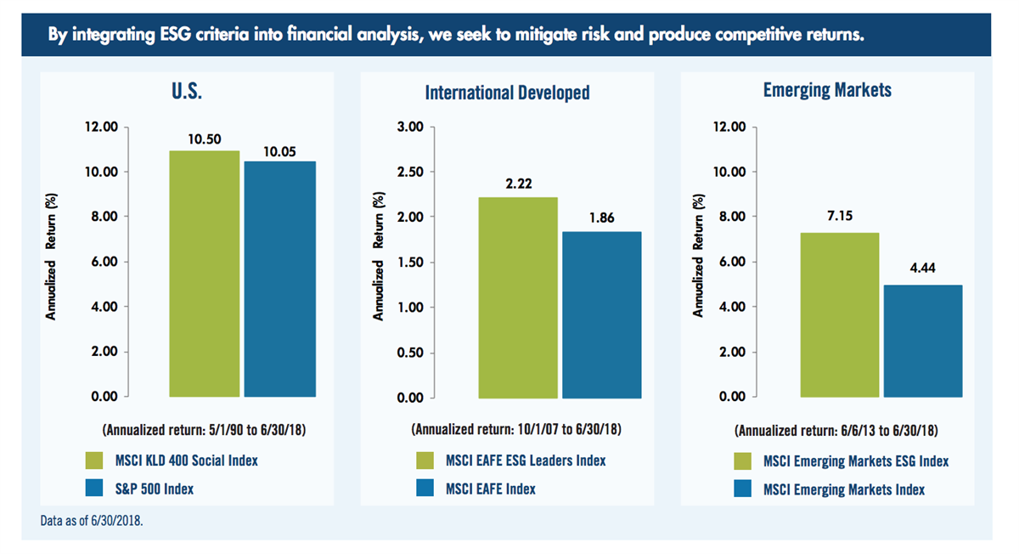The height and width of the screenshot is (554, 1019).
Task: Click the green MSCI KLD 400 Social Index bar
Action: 205,274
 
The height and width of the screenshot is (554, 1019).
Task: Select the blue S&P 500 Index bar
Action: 279,279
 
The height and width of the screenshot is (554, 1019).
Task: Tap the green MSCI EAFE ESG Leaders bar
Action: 518,297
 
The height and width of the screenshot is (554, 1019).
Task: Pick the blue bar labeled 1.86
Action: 602,315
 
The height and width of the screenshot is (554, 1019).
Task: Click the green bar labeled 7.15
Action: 840,315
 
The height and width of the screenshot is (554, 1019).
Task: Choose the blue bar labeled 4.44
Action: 923,341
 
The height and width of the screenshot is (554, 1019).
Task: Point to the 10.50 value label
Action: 205,138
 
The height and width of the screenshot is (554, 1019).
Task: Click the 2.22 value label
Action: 519,184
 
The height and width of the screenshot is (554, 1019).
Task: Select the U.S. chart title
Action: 187,91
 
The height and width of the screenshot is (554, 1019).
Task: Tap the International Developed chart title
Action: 507,93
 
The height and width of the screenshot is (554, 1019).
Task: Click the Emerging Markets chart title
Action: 827,90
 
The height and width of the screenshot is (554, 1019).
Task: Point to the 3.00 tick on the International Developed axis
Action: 410,127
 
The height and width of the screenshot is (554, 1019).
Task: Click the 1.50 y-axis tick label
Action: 410,263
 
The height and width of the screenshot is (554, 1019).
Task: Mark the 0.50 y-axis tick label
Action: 410,353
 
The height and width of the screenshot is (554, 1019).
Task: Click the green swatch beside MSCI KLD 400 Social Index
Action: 94,461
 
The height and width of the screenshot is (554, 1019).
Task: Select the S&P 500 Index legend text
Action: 155,489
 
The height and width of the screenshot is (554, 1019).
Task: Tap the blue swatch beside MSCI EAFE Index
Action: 425,488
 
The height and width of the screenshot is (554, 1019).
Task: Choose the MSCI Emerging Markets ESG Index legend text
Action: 856,461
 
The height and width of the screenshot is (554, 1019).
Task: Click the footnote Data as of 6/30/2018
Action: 92,520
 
